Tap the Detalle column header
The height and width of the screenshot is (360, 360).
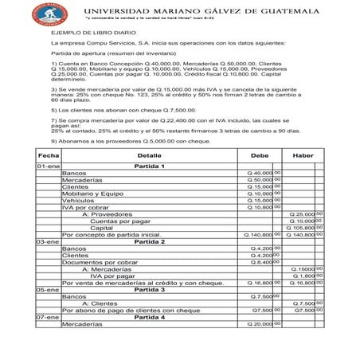pyautogui.click(x=149, y=155)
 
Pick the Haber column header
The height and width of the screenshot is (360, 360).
pyautogui.click(x=303, y=155)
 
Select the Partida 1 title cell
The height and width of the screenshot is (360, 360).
pyautogui.click(x=149, y=166)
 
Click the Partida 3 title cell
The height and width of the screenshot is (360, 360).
pyautogui.click(x=149, y=290)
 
